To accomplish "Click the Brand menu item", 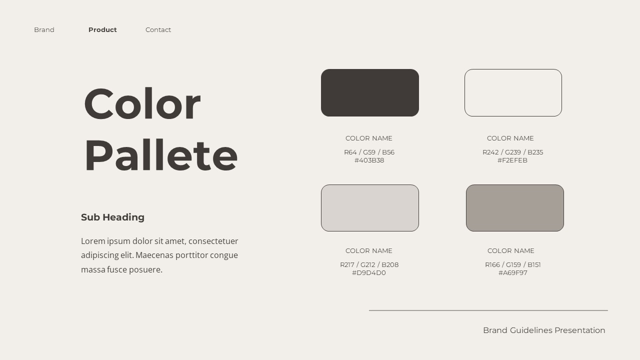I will (44, 30).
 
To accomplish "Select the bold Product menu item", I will (102, 30).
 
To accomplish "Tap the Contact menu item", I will (158, 30).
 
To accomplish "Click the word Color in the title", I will (142, 104).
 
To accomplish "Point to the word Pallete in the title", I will (160, 155).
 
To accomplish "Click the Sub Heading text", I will (112, 217).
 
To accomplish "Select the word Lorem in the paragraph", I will (93, 241).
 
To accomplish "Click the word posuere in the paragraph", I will (145, 269).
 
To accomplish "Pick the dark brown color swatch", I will (370, 92).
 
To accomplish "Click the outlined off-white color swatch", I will (513, 92).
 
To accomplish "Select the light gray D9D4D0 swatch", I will (370, 208).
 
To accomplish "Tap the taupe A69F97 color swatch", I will (515, 208).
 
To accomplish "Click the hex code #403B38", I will (369, 160).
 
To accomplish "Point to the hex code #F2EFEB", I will (512, 160).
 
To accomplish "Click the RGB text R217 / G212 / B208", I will (369, 264).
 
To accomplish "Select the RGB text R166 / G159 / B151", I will (512, 264).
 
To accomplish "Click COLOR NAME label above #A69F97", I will (510, 250).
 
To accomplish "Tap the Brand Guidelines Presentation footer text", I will (544, 330).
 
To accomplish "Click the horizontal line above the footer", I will (488, 310).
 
